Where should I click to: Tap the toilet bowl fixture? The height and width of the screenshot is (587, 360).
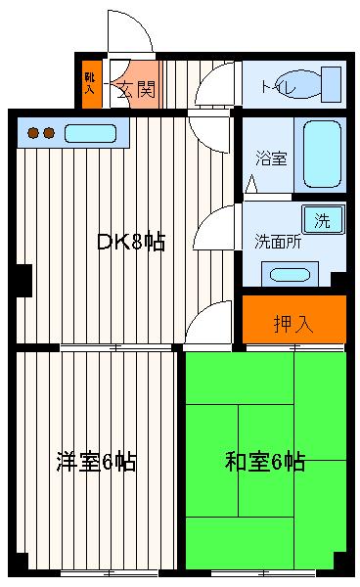(x=313, y=84)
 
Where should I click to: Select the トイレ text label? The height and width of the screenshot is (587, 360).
(x=274, y=87)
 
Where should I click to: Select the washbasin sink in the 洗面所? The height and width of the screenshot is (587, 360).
(x=289, y=273)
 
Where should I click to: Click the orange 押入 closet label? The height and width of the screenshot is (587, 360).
(x=293, y=324)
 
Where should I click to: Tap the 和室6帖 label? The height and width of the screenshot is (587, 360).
(x=264, y=460)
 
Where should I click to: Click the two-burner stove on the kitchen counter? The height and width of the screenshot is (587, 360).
(x=39, y=132)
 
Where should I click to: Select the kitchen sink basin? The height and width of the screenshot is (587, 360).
(x=90, y=132)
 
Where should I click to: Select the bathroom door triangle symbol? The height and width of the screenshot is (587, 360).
(x=253, y=183)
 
